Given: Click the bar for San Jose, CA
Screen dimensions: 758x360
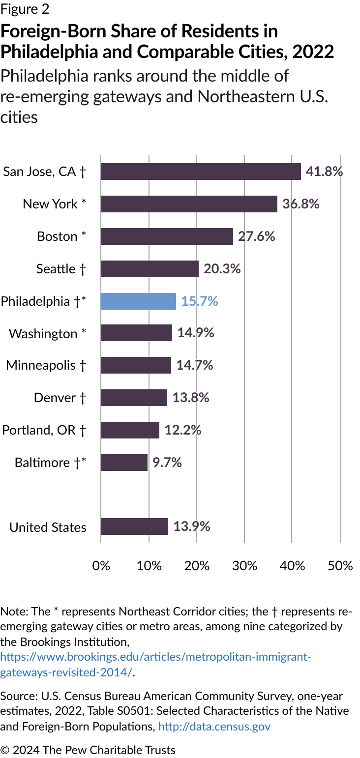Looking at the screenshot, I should (201, 172).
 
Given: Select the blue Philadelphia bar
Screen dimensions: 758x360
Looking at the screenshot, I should (138, 301).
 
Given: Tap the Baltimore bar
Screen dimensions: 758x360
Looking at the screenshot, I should (124, 463).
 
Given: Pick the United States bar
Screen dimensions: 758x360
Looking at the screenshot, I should (134, 526).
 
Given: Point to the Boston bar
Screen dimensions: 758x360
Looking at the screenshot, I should (167, 236).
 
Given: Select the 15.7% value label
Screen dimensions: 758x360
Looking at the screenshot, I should (200, 301).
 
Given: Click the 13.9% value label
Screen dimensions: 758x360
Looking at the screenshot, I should (191, 526).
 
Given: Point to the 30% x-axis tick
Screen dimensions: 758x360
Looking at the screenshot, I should (244, 565).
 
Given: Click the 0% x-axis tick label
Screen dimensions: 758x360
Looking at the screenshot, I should (101, 565).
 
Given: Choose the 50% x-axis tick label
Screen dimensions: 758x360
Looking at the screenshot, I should (340, 565).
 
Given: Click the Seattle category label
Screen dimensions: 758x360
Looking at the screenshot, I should (61, 269).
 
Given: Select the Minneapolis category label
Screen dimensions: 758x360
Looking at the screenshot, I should (46, 365).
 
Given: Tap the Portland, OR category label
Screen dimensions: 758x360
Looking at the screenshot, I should (44, 430).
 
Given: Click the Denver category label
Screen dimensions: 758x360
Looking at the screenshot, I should (60, 398).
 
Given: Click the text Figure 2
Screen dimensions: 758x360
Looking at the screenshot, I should (25, 9).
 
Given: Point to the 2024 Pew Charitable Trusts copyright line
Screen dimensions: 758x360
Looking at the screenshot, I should (88, 750).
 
